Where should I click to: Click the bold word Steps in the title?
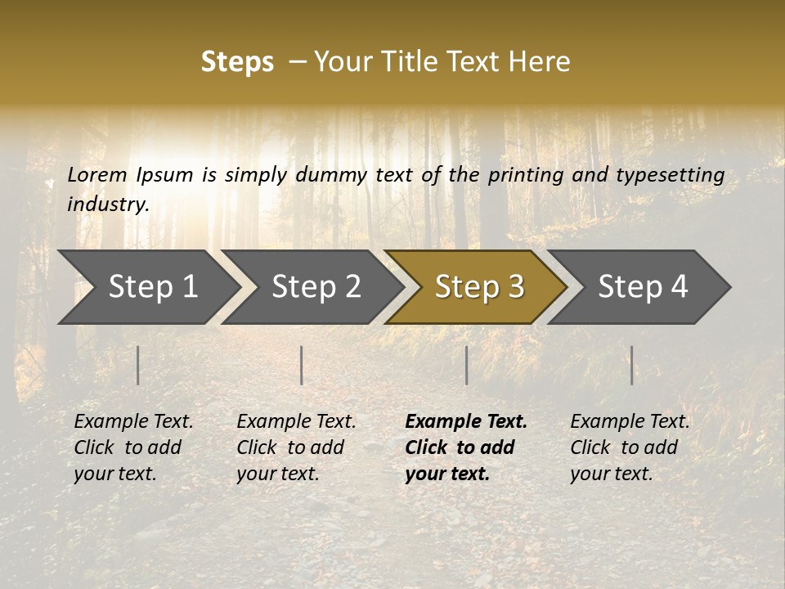click(237, 62)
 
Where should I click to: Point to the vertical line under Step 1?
click(138, 365)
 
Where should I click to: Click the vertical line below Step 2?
click(302, 365)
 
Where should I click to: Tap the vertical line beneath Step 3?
click(466, 365)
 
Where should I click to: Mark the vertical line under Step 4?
click(631, 365)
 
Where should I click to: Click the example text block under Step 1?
click(133, 447)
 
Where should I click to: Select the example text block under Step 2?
click(296, 447)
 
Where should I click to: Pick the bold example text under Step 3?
click(466, 447)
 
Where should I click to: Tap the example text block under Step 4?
click(630, 447)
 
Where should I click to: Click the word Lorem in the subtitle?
click(97, 174)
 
